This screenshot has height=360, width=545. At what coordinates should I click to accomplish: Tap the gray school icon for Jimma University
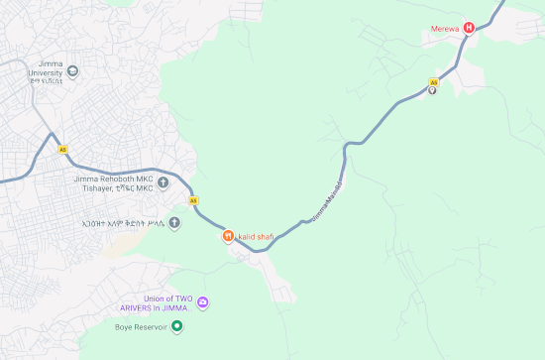tap(72, 70)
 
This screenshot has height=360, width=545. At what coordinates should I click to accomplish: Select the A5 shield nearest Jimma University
tap(63, 149)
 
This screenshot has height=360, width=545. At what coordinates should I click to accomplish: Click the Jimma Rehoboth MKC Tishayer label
tap(114, 183)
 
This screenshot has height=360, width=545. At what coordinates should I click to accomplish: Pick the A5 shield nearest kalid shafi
tap(193, 200)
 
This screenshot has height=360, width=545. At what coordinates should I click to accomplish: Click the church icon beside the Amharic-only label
tap(174, 222)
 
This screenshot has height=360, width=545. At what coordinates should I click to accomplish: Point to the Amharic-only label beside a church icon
tap(124, 223)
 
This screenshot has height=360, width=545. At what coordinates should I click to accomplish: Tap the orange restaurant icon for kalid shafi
tap(227, 236)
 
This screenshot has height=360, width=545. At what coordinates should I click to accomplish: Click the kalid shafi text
tap(256, 236)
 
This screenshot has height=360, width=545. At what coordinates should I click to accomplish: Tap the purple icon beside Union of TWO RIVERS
tap(202, 302)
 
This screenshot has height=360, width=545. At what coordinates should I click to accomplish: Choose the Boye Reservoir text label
tap(138, 326)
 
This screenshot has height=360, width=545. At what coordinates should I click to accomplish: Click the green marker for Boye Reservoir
tap(177, 326)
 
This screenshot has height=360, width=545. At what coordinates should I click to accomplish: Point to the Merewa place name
tap(444, 27)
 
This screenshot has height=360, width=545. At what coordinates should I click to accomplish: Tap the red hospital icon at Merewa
tap(470, 27)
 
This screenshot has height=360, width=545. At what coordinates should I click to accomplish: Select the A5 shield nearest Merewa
tap(433, 81)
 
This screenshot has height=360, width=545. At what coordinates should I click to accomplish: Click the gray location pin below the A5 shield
tap(432, 91)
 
